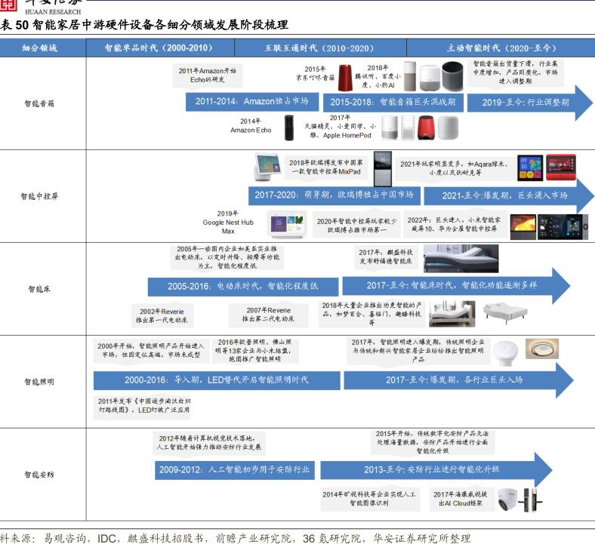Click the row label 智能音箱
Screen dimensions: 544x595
coord(39,103)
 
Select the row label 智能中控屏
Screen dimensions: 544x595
coord(39,195)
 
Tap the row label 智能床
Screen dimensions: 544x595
coord(39,288)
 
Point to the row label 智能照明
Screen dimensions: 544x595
coord(39,382)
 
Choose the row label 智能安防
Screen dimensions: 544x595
coord(39,475)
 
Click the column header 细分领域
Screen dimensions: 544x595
coord(39,48)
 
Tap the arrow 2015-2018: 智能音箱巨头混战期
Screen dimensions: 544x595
coord(393,101)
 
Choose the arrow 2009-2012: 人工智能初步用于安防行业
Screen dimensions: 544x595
coord(235,469)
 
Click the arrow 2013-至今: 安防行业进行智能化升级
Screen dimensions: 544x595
coord(431,469)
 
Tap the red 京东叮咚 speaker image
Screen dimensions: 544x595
coord(346,77)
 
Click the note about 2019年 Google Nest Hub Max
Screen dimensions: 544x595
coord(227,222)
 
